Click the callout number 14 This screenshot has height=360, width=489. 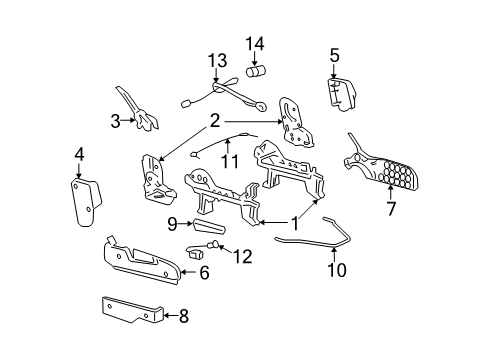(255, 43)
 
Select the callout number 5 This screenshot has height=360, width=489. (115, 121)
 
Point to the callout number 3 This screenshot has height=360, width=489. (80, 154)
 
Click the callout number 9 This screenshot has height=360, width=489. (171, 223)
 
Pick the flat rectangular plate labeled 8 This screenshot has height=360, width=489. (130, 312)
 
